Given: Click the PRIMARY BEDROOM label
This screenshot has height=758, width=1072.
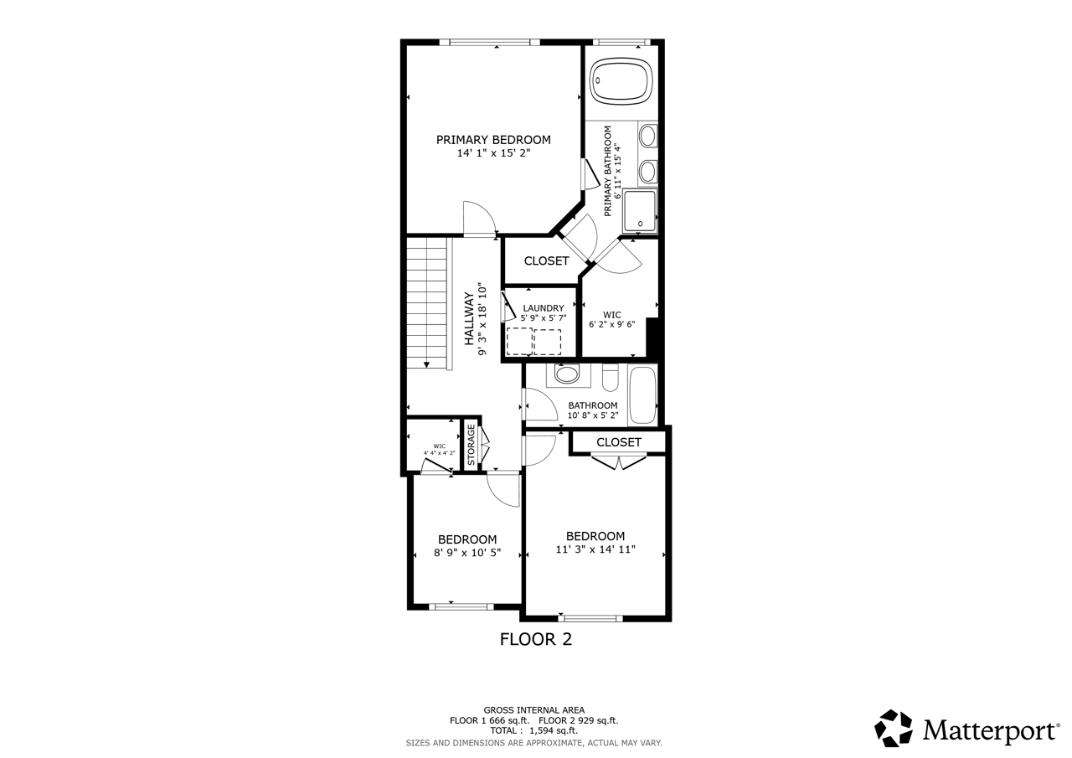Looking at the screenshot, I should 493,140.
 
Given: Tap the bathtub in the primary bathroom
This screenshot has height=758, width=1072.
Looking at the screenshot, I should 621,81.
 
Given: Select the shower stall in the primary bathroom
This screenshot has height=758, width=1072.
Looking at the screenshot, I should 640,210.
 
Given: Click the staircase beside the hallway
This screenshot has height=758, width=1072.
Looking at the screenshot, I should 428,302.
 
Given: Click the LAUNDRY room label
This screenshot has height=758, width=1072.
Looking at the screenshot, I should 544,308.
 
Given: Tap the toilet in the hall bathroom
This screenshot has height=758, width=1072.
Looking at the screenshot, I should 611,379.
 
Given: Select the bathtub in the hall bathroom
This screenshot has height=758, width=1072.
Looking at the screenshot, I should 643,395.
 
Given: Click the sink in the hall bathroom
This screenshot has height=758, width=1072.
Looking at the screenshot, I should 567,374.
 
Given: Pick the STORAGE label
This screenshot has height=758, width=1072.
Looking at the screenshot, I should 472,445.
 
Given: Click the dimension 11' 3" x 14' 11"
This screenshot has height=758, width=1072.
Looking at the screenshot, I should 595,549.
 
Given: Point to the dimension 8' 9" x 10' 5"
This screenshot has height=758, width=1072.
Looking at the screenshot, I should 467,553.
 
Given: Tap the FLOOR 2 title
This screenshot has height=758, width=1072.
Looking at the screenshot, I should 535,639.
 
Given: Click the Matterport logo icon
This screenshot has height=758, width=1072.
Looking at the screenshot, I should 894,728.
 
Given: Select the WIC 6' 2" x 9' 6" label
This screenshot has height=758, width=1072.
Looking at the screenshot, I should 611,320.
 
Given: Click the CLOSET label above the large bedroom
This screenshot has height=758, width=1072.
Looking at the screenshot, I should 619,442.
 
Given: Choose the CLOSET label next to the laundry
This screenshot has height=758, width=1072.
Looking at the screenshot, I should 546,261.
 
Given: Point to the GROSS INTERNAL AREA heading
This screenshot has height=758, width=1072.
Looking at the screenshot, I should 534,709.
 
